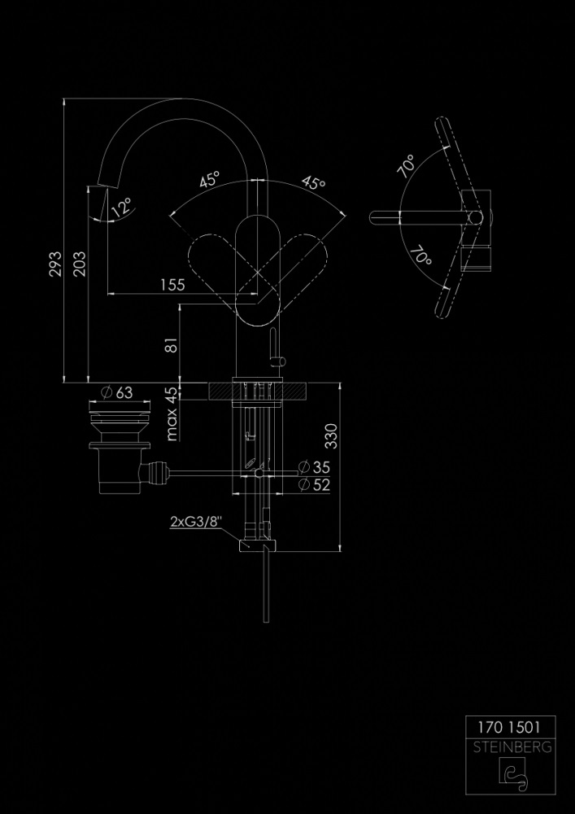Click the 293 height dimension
[x=56, y=264]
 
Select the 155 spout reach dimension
[x=172, y=284]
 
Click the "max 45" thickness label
[x=172, y=414]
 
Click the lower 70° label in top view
[x=419, y=258]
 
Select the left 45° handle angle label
[x=210, y=181]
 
